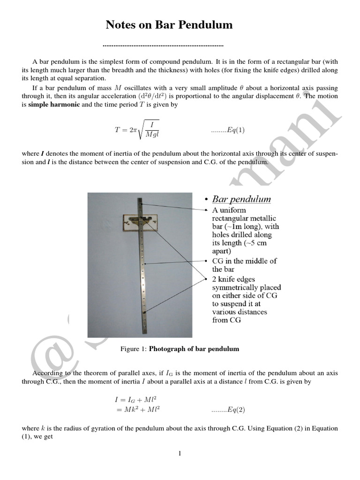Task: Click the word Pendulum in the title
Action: [206, 25]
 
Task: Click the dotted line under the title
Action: [162, 46]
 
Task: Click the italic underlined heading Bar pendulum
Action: [241, 199]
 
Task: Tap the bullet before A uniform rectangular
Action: [207, 210]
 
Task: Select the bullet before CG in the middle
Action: [207, 261]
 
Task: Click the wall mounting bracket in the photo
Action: [139, 222]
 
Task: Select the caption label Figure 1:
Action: [134, 349]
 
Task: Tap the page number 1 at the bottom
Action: [180, 453]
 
